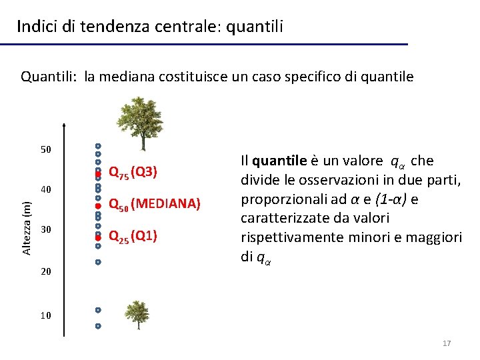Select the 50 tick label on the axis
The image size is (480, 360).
[46, 149]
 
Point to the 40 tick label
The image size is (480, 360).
[46, 189]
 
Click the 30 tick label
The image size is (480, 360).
[46, 230]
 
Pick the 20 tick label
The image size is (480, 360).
[46, 272]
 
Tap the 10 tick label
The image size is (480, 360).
[46, 315]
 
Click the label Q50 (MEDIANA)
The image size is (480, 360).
[154, 204]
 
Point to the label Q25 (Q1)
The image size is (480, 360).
[133, 236]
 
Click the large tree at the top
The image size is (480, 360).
[141, 123]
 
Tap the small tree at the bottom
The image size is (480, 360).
[137, 314]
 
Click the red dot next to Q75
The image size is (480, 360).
[97, 173]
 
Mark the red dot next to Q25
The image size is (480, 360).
[97, 237]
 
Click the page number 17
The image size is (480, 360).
[447, 343]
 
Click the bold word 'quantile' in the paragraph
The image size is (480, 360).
[279, 161]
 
